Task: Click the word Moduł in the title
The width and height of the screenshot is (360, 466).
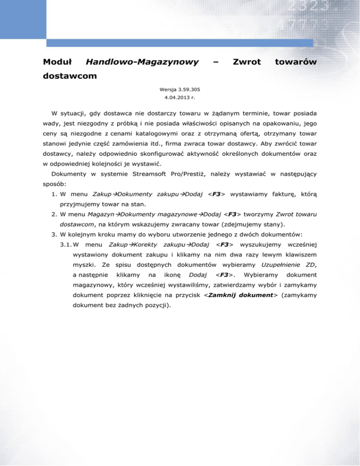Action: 57,61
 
